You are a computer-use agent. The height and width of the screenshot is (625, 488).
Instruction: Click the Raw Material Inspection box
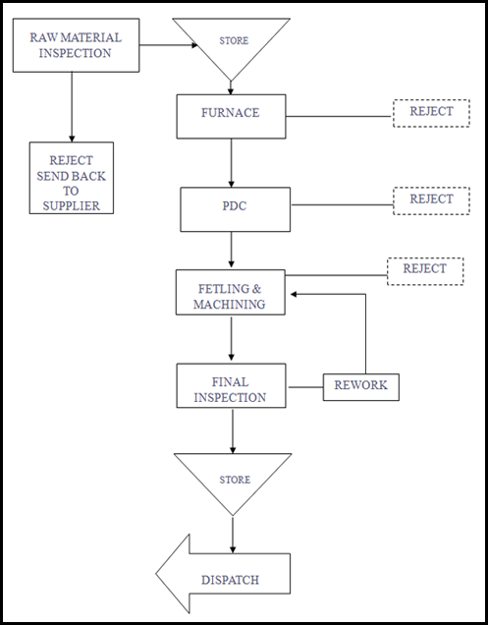coord(76,45)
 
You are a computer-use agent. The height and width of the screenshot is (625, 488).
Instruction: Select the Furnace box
coord(231,116)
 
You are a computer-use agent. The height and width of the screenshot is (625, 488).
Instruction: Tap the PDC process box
coord(235,209)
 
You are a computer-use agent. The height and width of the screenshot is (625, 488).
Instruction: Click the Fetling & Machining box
coord(231,292)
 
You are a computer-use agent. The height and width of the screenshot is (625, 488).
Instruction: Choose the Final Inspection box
coord(231,385)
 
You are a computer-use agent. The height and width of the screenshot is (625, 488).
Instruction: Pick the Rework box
coord(361,387)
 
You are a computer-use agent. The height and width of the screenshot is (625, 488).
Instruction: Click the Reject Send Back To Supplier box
coord(72,178)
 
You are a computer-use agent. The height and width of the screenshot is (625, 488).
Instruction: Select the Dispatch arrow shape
coord(223,574)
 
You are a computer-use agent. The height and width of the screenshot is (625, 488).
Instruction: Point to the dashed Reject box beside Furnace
coord(431,113)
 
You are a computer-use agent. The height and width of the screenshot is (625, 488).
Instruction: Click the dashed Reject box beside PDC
coord(431,200)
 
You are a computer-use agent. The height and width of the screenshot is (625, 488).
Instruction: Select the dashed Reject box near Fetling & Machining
coord(425,271)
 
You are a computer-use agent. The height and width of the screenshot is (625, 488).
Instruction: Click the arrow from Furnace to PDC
coord(231,163)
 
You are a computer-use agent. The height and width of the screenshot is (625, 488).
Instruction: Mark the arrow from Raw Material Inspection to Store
coord(169,45)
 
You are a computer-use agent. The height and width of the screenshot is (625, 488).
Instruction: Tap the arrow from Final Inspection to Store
coord(233,430)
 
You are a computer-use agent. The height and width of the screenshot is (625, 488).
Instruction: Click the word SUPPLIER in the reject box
coord(72,205)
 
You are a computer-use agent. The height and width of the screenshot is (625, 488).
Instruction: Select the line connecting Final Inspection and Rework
coord(305,387)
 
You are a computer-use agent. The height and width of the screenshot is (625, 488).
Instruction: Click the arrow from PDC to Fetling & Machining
coord(231,250)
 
